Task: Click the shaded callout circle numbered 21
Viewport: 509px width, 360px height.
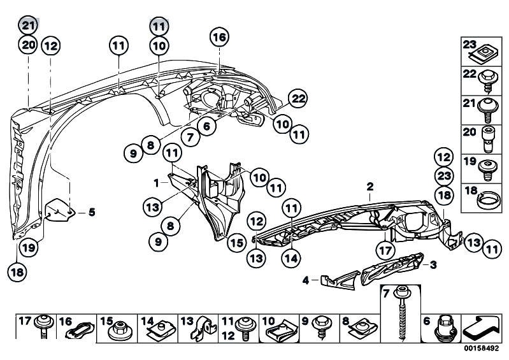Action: pos(28,25)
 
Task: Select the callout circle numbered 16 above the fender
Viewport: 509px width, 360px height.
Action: pos(219,37)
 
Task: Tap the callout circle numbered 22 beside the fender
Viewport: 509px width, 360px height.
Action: pos(298,98)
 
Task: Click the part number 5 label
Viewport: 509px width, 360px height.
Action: pos(92,213)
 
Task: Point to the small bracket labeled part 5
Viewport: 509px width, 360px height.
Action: pos(60,210)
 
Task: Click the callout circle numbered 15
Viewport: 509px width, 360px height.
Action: pos(236,243)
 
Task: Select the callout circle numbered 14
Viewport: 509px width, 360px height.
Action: pos(291,259)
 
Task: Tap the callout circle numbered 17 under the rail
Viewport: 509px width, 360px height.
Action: pos(385,250)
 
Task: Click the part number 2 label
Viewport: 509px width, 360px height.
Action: pos(370,187)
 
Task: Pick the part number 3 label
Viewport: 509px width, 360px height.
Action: pos(433,265)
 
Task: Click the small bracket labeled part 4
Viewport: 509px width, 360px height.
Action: pos(340,280)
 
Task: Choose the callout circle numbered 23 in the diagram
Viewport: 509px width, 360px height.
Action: pos(444,176)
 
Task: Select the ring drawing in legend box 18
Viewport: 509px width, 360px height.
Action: pos(486,199)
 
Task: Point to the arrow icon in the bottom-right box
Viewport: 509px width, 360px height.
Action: pos(481,328)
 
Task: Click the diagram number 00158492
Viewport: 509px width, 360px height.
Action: pos(481,349)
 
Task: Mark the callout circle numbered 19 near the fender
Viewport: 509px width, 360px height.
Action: pos(29,248)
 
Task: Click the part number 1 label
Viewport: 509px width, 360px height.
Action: pos(157,184)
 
